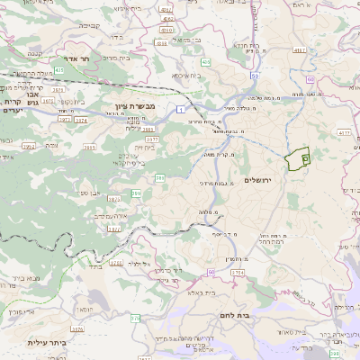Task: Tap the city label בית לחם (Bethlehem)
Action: [256, 316]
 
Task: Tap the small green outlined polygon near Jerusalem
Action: [296, 157]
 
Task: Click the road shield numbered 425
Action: [58, 69]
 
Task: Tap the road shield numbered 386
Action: [159, 178]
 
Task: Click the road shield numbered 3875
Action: [114, 198]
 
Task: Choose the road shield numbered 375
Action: [135, 317]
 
